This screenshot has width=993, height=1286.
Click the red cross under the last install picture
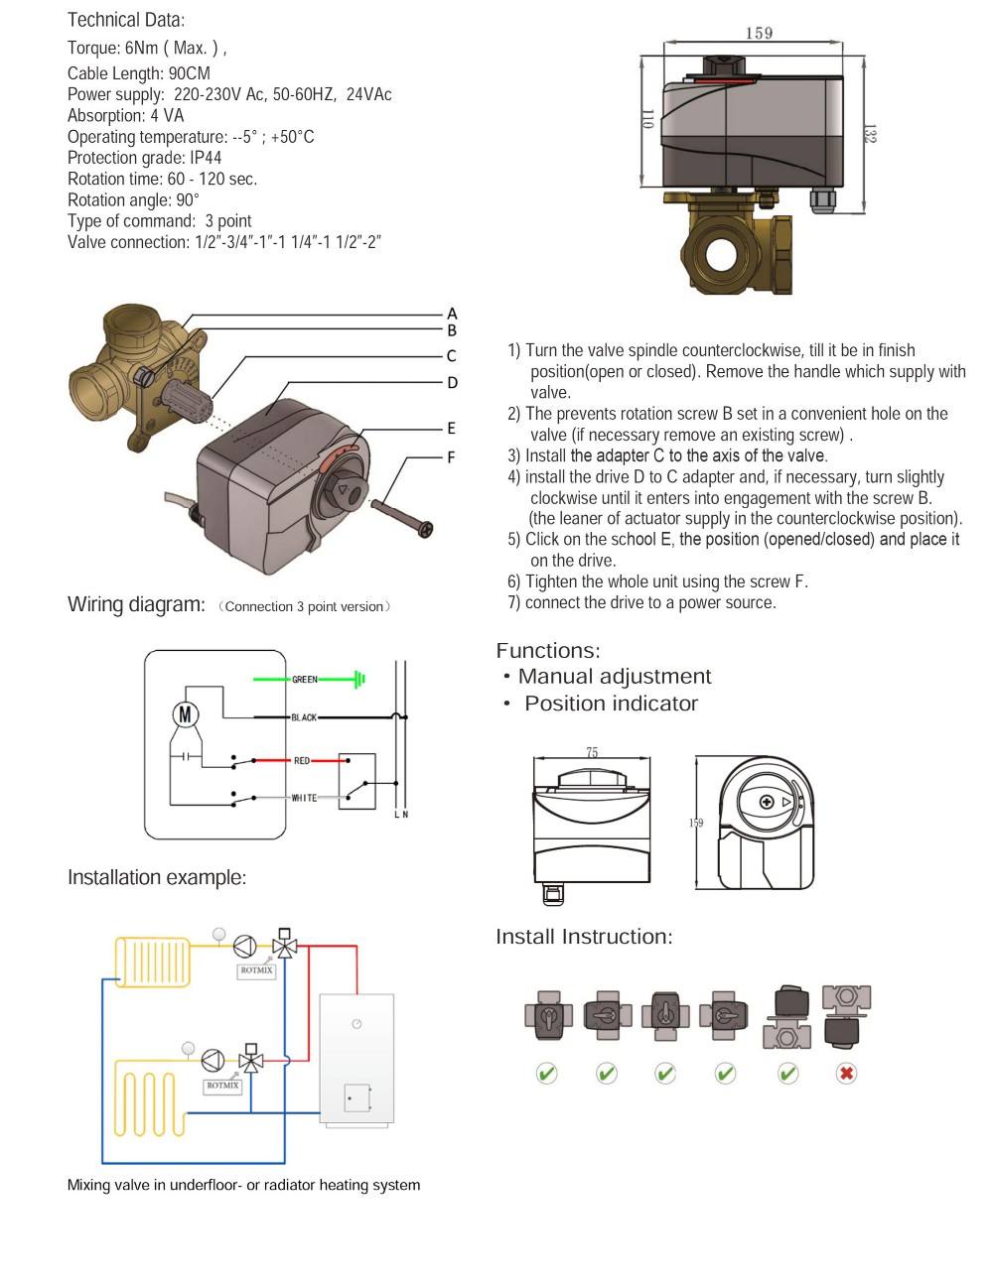click(x=846, y=1073)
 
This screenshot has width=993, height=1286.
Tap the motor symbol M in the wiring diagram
click(x=186, y=714)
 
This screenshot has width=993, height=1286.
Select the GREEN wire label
click(x=305, y=680)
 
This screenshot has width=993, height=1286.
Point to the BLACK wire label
click(x=304, y=717)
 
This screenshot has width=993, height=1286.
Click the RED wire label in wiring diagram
click(x=302, y=761)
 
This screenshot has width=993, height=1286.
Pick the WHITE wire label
click(x=304, y=798)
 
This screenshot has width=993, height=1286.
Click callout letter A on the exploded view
click(x=452, y=314)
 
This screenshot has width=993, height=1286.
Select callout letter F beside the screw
click(x=451, y=457)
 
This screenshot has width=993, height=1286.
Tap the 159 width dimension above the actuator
click(x=759, y=34)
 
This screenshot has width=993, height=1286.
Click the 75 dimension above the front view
click(x=592, y=753)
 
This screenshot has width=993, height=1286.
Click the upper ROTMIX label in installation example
click(x=256, y=970)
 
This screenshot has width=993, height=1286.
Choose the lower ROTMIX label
click(x=222, y=1086)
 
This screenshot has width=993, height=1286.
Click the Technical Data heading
click(x=126, y=20)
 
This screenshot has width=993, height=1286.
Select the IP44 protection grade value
click(x=206, y=158)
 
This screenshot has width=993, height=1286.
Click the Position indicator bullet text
click(x=611, y=704)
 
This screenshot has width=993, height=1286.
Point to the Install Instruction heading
click(x=584, y=937)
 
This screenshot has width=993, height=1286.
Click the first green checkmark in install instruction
click(x=546, y=1073)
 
